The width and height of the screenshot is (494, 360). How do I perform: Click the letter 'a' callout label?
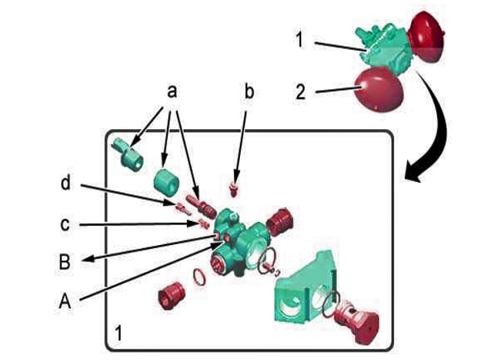172,92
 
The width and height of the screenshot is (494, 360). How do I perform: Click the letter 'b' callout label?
249,92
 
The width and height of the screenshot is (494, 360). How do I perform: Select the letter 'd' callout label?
65,183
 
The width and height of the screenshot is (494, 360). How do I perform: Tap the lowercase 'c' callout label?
65,225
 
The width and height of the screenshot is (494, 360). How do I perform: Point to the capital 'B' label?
65,262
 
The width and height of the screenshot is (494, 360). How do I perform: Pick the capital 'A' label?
65,300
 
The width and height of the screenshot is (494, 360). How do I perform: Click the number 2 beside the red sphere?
300,93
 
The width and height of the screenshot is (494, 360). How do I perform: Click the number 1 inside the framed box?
118,334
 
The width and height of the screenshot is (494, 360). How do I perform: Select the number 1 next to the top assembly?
300,40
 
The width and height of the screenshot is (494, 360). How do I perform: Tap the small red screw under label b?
234,190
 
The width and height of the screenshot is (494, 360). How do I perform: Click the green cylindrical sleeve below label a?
166,180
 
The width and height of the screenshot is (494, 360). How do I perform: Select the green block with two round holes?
304,287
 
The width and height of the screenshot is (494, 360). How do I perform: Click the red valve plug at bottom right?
357,321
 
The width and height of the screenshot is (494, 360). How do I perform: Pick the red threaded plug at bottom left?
171,295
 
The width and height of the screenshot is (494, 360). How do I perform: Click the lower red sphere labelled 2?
379,89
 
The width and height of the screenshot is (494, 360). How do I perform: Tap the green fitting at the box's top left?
128,154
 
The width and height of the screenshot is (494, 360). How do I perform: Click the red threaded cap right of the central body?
280,222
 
